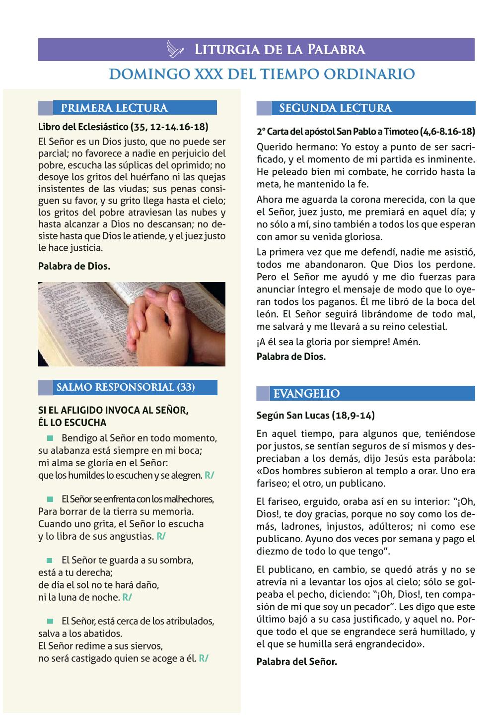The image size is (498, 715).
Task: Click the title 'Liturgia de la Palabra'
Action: (x=280, y=50)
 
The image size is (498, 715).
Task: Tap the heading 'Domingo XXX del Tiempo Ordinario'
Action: (x=262, y=74)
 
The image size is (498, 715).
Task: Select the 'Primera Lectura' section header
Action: (x=114, y=108)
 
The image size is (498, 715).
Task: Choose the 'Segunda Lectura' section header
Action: (x=335, y=108)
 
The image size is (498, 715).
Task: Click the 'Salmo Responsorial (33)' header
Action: (x=126, y=387)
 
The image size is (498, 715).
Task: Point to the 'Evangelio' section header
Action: (x=306, y=394)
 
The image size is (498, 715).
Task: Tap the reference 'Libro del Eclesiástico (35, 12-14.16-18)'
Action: (x=123, y=126)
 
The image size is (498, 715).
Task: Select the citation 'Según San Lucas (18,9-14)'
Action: (x=316, y=415)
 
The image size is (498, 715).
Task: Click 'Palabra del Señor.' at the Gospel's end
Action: (x=296, y=661)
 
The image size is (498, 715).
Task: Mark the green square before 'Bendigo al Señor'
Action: (x=50, y=438)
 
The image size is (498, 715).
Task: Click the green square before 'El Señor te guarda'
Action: (x=50, y=560)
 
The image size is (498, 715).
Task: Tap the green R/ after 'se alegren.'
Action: (x=209, y=476)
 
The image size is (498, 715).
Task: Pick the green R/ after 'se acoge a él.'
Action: (x=204, y=658)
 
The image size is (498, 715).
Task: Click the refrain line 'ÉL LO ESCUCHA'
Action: (x=72, y=423)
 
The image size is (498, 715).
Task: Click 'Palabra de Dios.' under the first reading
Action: (x=74, y=266)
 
